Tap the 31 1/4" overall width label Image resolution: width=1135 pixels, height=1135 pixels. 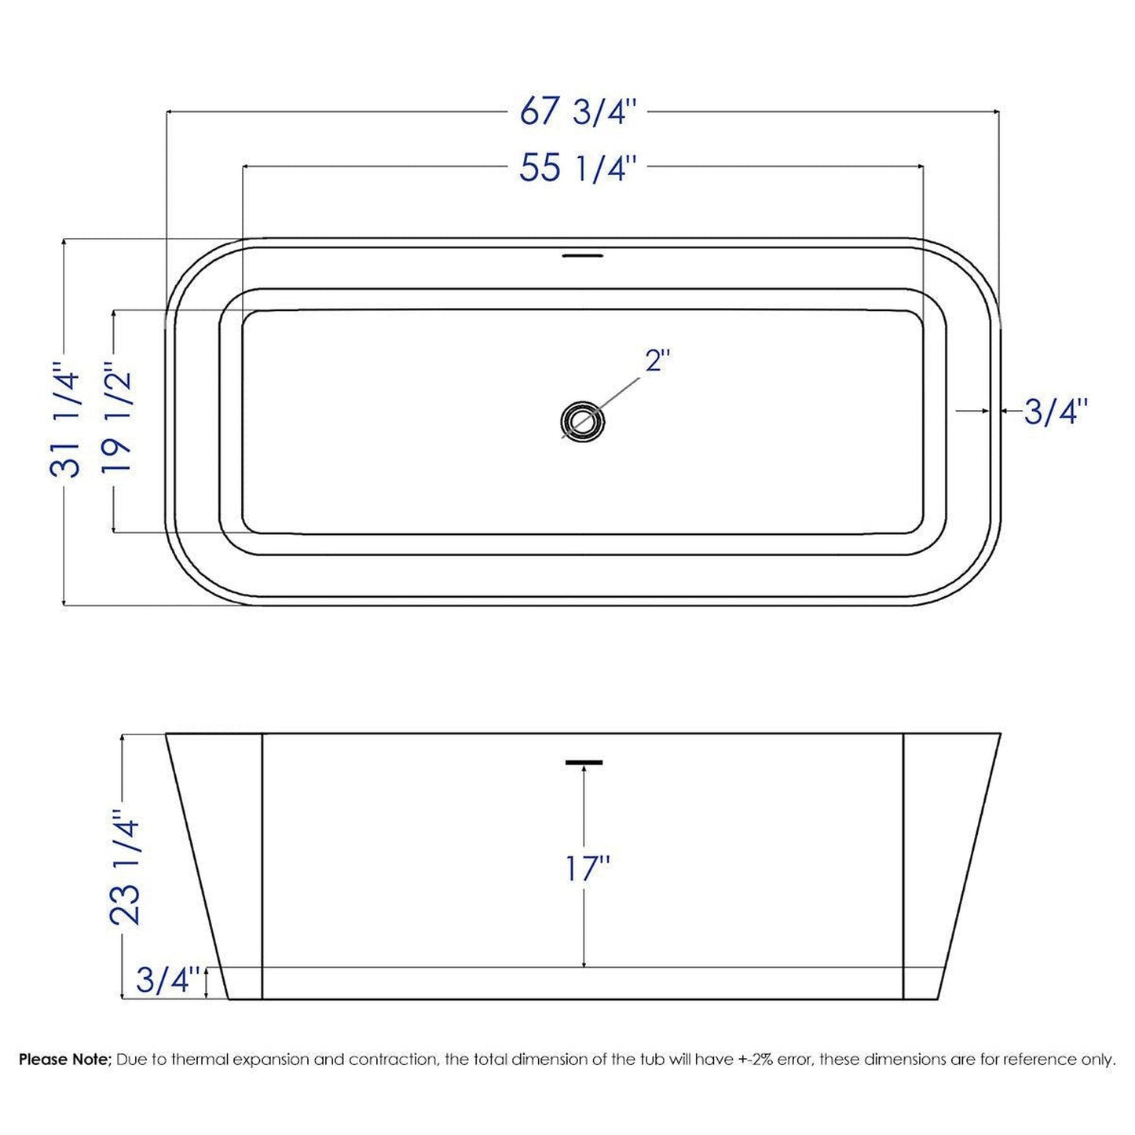click(x=65, y=419)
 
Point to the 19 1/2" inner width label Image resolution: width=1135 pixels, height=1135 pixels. click(x=117, y=420)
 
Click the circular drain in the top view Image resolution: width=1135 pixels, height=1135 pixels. click(x=583, y=421)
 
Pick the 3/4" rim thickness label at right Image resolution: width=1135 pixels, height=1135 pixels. click(x=1055, y=411)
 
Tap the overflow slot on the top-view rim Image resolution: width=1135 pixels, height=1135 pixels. click(x=583, y=255)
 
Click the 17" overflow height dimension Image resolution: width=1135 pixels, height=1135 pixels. click(x=587, y=868)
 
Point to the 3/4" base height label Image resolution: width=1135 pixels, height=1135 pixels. click(x=163, y=979)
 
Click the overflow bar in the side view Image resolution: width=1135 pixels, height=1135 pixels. click(x=583, y=762)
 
